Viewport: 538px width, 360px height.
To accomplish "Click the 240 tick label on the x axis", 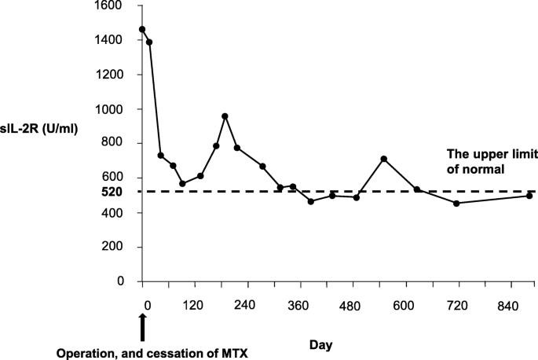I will pyautogui.click(x=245, y=307).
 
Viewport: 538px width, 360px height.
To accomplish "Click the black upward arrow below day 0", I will pyautogui.click(x=142, y=326).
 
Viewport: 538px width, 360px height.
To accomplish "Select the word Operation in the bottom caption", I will pyautogui.click(x=86, y=353).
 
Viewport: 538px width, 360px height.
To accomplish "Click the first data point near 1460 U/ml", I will pyautogui.click(x=142, y=30).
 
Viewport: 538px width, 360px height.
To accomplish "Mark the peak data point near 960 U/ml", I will pyautogui.click(x=225, y=116).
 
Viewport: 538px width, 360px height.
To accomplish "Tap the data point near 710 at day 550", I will pyautogui.click(x=383, y=159).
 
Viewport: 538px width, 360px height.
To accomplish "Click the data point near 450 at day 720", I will pyautogui.click(x=456, y=204).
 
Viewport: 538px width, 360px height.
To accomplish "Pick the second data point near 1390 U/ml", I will pyautogui.click(x=149, y=42).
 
